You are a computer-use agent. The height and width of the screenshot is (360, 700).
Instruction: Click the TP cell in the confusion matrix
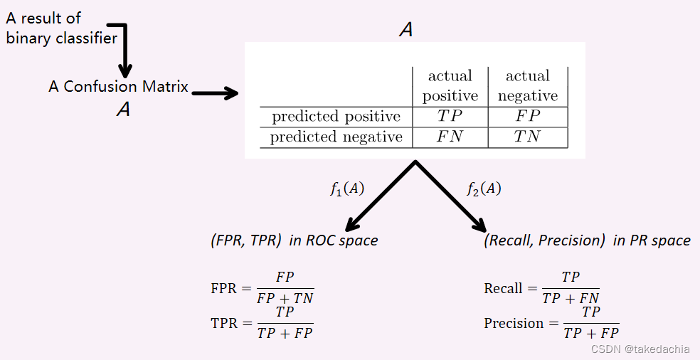tap(450, 116)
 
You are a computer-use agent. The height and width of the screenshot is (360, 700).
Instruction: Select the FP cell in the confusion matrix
tap(527, 116)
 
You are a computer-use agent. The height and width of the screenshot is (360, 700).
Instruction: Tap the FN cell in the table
tap(450, 137)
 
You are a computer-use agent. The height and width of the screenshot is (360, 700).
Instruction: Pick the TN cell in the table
tap(527, 137)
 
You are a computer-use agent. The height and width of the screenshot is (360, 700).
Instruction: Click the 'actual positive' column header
tap(450, 85)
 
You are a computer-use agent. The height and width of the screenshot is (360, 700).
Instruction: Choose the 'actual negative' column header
tap(527, 85)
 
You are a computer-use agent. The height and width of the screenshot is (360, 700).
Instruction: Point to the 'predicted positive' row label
tap(336, 116)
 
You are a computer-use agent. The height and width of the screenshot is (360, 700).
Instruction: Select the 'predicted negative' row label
tap(336, 137)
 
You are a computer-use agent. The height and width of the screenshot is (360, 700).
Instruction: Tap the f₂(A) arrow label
tap(484, 189)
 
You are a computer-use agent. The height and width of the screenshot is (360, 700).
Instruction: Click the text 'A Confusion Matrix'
tap(118, 87)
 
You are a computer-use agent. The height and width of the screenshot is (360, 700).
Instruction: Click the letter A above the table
tap(406, 30)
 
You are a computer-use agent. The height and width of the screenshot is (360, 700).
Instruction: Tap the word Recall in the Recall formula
tap(503, 288)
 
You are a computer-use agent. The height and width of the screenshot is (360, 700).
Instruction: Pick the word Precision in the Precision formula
tap(514, 323)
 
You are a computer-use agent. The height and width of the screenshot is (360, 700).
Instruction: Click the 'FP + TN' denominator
tap(285, 297)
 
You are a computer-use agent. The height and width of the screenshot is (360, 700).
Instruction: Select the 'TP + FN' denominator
tap(571, 298)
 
